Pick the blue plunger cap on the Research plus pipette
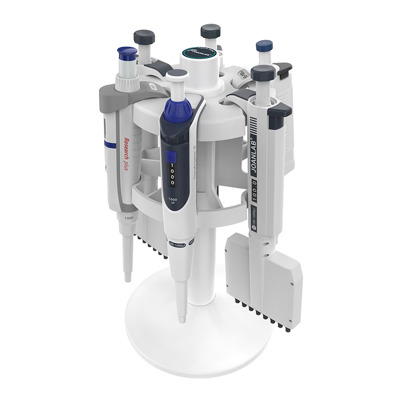tap(127, 53)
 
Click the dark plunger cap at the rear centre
tap(210, 31)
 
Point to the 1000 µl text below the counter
tap(172, 203)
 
